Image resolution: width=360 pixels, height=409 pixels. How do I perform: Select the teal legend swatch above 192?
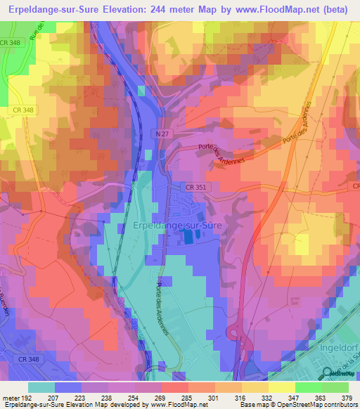coord(41,387)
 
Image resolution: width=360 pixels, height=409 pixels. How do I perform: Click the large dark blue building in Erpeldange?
coord(191,238)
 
